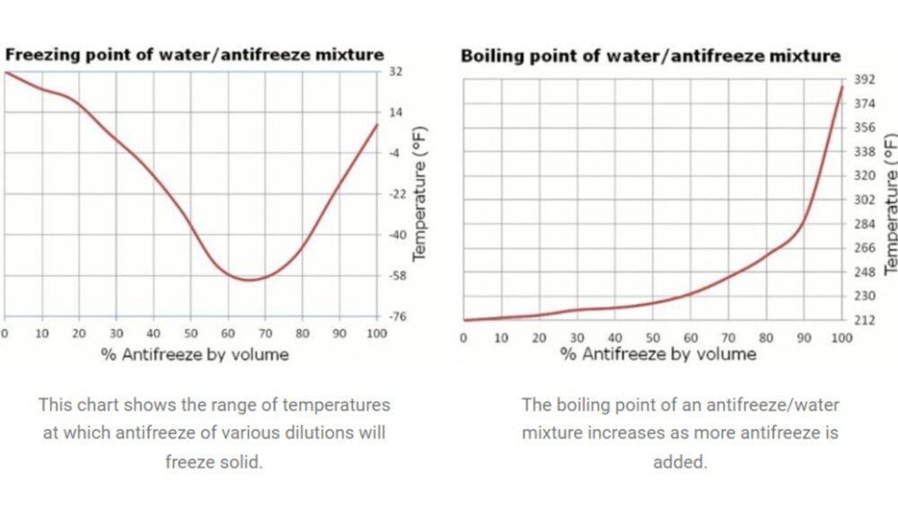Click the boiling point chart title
tap(650, 56)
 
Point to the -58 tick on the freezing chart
tap(394, 276)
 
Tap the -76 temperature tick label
tap(394, 316)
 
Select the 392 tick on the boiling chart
tap(863, 80)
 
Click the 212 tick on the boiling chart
tap(863, 320)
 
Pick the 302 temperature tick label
tap(863, 200)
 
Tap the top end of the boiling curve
tap(842, 85)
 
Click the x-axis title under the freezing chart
tap(195, 354)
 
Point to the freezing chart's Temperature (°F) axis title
tap(419, 193)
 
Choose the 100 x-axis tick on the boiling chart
tap(841, 338)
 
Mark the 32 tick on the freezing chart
tap(394, 71)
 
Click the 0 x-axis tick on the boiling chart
tap(463, 338)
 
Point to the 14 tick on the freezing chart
tap(394, 112)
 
